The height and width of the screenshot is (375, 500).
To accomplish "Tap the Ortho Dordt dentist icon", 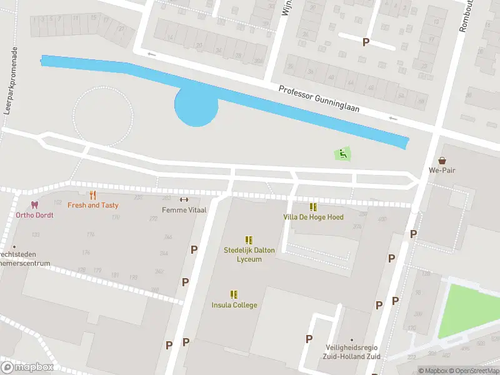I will point(34,205).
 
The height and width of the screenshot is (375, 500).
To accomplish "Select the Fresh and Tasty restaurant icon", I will point(92,195).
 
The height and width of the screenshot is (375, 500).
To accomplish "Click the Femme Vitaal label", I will point(184,210).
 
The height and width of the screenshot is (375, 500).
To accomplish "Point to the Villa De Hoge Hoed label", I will point(312,217).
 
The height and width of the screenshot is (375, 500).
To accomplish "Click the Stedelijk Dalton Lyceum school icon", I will point(249,240).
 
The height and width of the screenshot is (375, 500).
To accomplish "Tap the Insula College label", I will point(234,305).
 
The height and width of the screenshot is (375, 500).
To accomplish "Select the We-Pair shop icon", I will point(442,160).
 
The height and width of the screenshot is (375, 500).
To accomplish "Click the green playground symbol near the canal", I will point(342,153).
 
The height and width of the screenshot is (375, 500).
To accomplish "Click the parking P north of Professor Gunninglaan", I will point(366,42).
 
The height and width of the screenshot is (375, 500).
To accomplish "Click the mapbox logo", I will point(27,367).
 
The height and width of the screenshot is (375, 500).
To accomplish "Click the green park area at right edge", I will point(469,309).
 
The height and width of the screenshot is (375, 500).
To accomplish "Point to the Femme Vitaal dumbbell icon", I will point(184,200).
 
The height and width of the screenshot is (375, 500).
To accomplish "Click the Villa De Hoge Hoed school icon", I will point(312,207).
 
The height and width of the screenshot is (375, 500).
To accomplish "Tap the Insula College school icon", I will point(234,294).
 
